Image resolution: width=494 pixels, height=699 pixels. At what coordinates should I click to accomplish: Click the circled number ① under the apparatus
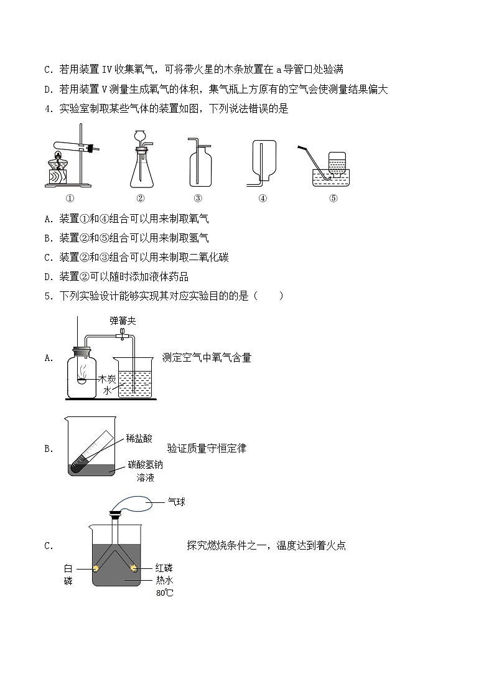coord(70,199)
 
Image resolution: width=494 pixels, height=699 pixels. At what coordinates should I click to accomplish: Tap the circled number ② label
coord(141,199)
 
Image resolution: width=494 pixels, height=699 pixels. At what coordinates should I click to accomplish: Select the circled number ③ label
coord(198,199)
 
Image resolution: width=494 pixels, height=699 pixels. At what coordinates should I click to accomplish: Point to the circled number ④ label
coord(263,199)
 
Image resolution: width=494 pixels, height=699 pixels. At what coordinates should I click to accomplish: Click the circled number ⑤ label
coord(333,199)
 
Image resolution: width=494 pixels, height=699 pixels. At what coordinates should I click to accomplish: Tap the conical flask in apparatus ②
coord(141,171)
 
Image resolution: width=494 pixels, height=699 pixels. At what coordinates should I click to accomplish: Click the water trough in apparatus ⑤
coord(329,176)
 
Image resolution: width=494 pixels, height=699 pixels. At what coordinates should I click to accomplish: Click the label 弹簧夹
coord(123,321)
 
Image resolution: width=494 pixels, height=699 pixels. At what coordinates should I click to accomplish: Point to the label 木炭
coord(106,379)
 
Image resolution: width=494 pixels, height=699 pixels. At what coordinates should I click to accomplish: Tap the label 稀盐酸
coord(139,439)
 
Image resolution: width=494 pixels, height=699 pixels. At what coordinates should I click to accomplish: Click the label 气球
coord(177,500)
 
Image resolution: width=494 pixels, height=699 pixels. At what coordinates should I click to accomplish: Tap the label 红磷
coord(164,568)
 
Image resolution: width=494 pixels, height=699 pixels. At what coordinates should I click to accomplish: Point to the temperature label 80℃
coord(165,593)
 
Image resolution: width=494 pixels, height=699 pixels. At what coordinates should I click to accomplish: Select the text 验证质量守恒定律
coord(207,448)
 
